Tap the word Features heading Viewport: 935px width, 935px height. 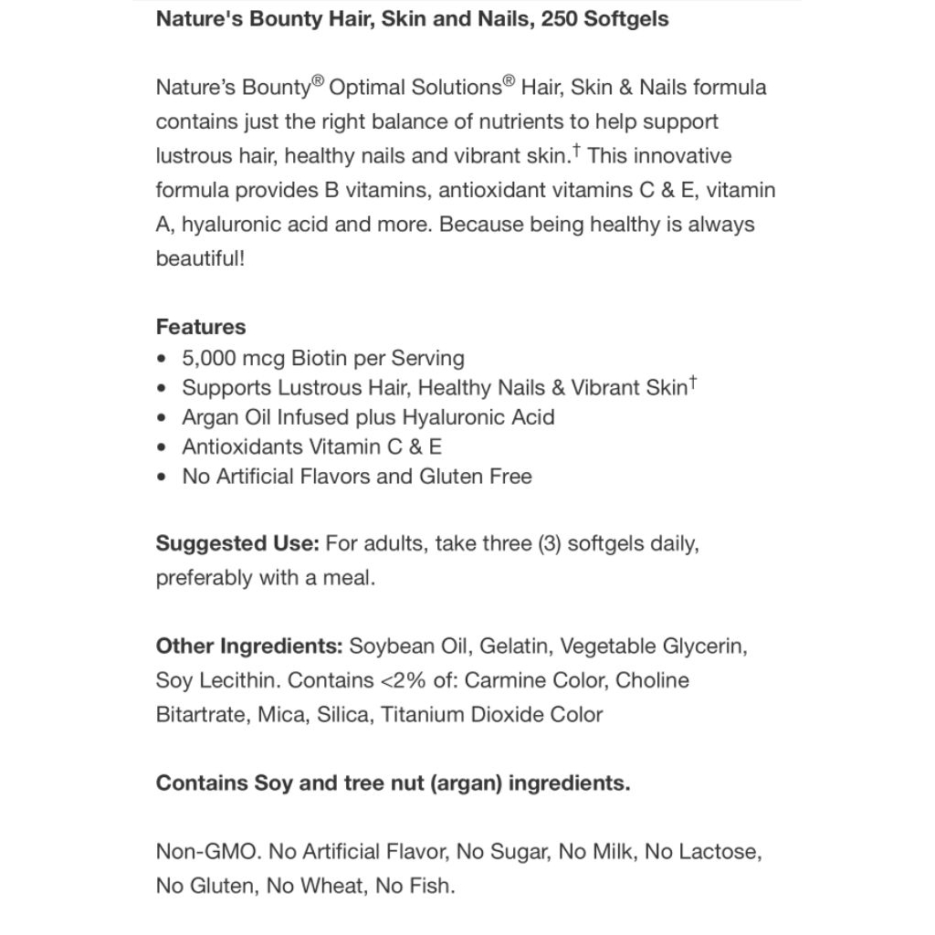click(201, 327)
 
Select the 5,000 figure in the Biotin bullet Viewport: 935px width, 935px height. click(209, 358)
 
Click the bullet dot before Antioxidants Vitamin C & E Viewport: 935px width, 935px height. click(162, 447)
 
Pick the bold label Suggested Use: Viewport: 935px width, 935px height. click(237, 543)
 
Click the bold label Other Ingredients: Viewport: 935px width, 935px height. click(249, 646)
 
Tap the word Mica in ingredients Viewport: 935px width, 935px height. click(280, 714)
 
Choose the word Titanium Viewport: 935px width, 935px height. click(422, 714)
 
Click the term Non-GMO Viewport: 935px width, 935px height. click(208, 852)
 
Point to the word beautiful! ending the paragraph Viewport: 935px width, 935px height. click(200, 258)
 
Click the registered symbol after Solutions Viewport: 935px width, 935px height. click(509, 82)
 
